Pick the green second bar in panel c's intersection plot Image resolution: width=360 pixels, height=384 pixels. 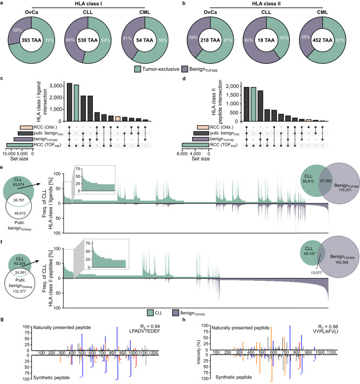point(77,103)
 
